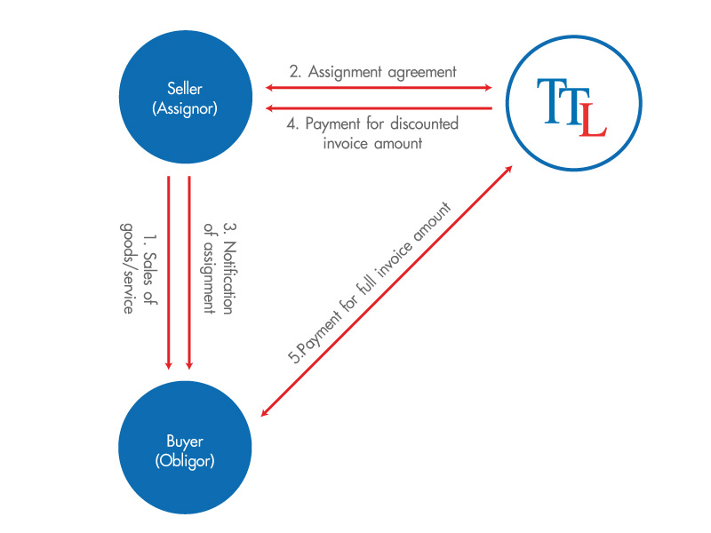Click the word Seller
pyautogui.click(x=184, y=88)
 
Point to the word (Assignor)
pyautogui.click(x=184, y=108)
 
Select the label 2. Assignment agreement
pyautogui.click(x=372, y=72)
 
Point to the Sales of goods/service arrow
pyautogui.click(x=168, y=271)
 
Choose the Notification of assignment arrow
pyautogui.click(x=189, y=271)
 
